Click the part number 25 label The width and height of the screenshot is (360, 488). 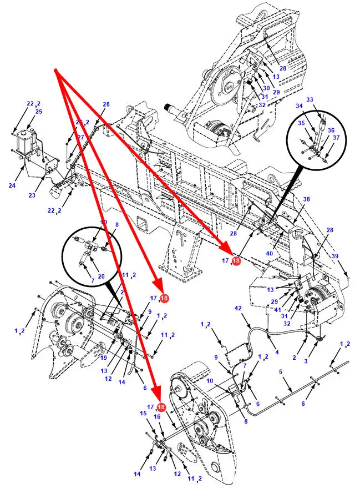(x=39, y=112)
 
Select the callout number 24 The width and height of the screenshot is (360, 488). (x=12, y=185)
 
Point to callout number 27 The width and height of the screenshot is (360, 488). (x=81, y=137)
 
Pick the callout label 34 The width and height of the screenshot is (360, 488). (x=299, y=105)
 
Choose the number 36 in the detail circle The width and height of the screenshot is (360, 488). (x=331, y=130)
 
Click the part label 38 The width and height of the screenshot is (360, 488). (x=306, y=199)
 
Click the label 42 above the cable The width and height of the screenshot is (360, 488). (x=239, y=308)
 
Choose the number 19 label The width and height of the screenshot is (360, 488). (x=103, y=358)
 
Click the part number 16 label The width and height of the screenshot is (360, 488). (x=157, y=416)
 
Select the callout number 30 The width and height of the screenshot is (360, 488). (x=266, y=88)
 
